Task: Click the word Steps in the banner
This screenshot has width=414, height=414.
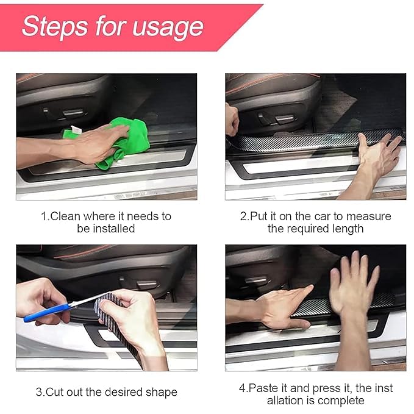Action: [x=55, y=27]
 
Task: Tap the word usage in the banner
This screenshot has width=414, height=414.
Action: [x=168, y=28]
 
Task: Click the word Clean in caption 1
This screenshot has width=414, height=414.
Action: [x=65, y=216]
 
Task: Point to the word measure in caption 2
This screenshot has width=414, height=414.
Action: [x=369, y=216]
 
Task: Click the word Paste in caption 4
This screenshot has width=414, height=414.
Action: [x=264, y=388]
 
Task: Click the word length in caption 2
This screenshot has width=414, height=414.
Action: [x=348, y=229]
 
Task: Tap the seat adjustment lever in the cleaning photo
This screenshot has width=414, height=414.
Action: [x=73, y=113]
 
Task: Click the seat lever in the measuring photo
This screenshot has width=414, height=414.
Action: [x=285, y=119]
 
